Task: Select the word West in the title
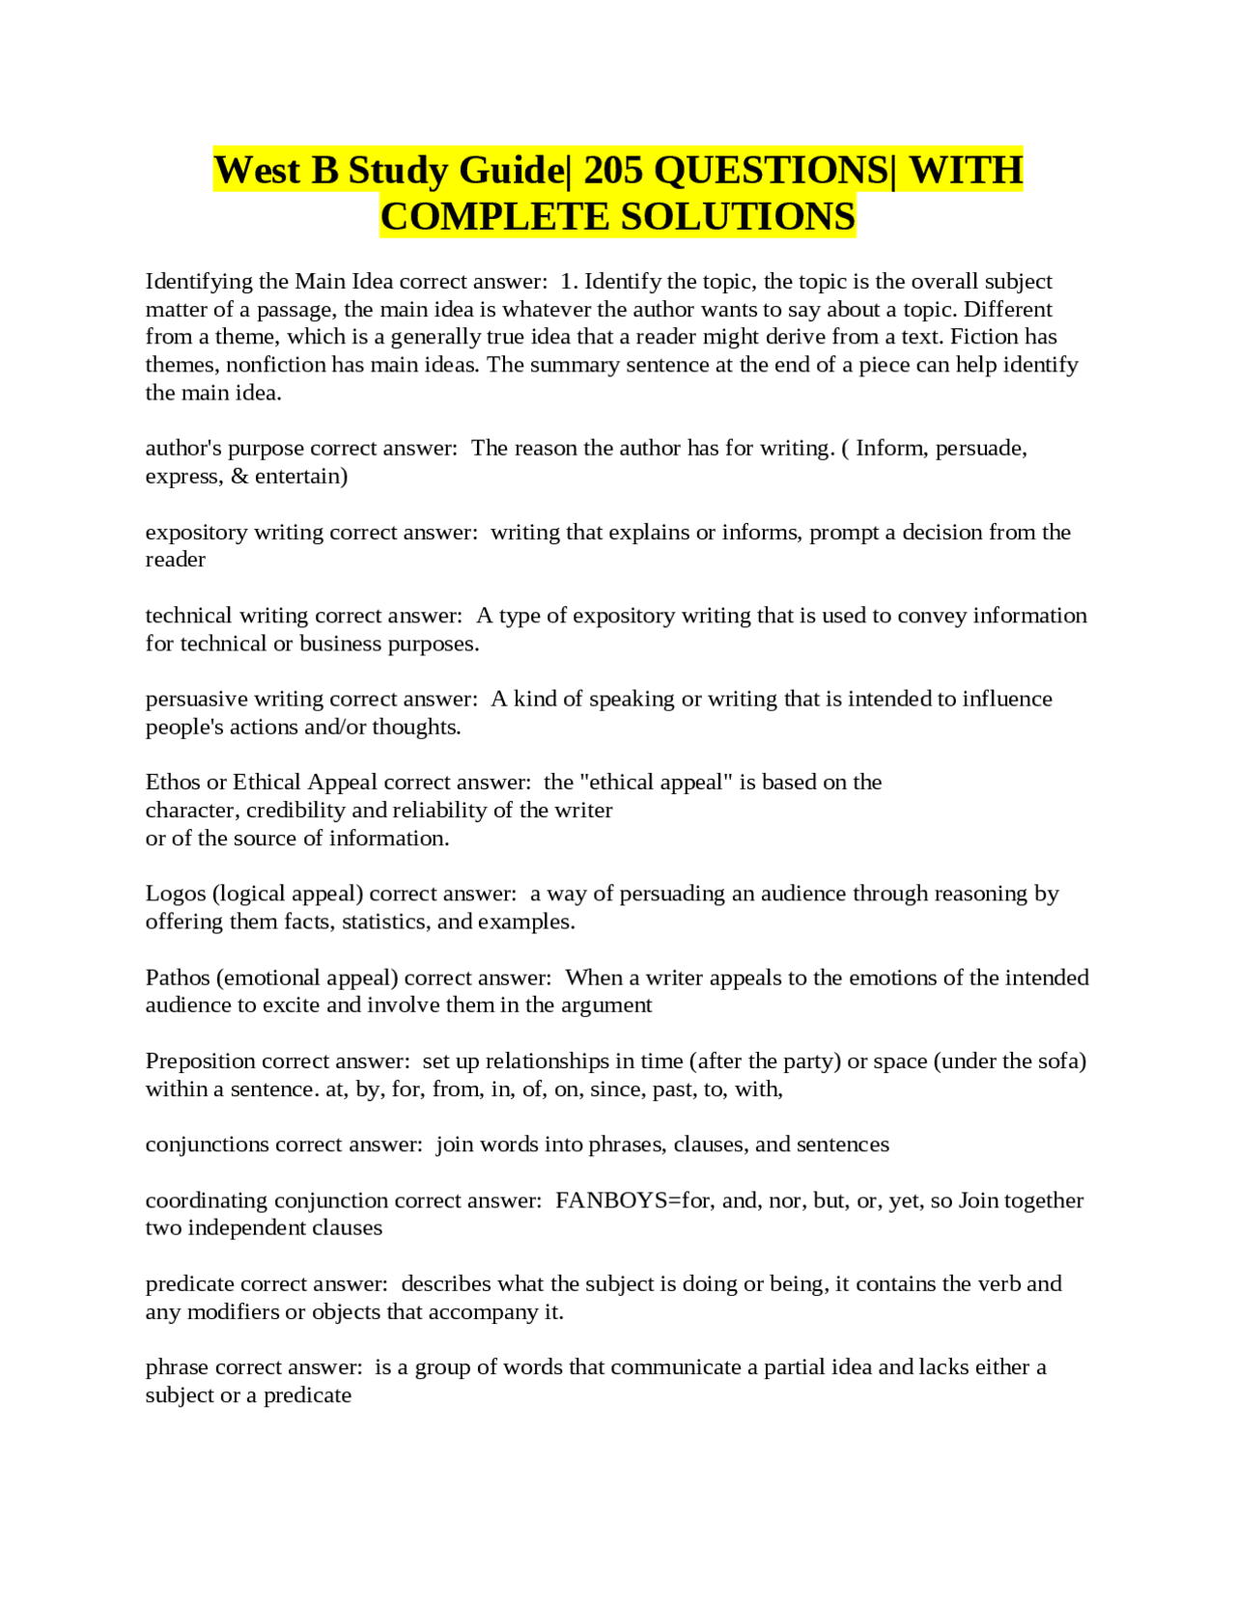coord(257,171)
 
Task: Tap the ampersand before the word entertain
coord(239,477)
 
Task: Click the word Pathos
coord(178,978)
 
